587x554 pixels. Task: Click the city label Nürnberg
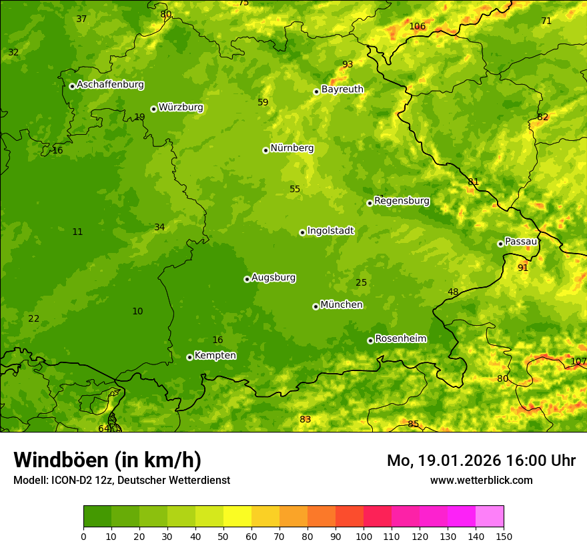tap(291, 148)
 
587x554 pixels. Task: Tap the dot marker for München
tap(316, 306)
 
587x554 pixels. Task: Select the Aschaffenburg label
tap(110, 85)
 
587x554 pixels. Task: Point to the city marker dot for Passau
tap(500, 244)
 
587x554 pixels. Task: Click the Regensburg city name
tap(402, 201)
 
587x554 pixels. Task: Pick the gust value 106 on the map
tap(418, 27)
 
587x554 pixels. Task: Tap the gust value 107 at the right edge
tap(578, 362)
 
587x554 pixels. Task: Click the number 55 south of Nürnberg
tap(295, 190)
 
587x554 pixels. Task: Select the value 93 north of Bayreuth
tap(348, 65)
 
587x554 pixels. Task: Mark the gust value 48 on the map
tap(453, 292)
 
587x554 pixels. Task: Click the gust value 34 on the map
tap(159, 228)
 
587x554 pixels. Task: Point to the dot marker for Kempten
tap(189, 357)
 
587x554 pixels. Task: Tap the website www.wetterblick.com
tap(481, 481)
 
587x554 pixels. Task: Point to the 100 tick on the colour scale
tap(364, 536)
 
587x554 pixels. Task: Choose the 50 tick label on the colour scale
tap(223, 536)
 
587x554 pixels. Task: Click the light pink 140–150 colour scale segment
tap(490, 517)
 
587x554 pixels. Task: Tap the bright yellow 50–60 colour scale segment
tap(237, 517)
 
